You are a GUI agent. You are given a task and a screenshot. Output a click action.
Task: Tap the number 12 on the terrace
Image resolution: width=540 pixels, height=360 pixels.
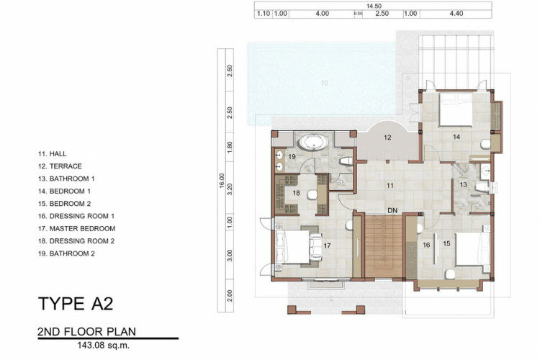tap(387, 138)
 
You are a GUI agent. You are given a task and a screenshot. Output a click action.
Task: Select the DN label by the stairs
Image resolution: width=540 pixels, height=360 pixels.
tap(392, 210)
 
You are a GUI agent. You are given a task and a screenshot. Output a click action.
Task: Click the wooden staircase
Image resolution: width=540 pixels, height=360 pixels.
tap(384, 246)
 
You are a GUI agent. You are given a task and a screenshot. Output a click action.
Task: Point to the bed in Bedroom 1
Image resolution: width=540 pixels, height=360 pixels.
tap(455, 109)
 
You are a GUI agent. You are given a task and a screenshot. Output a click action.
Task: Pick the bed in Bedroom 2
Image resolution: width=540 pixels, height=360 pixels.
tap(472, 249)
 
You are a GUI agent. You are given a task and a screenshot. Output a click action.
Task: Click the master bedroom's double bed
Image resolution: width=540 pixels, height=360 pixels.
tap(292, 247)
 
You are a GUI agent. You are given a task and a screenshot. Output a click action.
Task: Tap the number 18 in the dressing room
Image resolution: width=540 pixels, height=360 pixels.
tap(296, 193)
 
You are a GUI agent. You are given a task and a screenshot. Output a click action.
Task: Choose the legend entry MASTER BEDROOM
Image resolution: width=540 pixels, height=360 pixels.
tap(82, 228)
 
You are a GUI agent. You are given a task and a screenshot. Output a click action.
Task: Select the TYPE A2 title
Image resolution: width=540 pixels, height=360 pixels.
tap(76, 304)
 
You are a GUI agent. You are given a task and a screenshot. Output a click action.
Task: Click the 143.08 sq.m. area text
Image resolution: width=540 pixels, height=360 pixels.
tap(104, 346)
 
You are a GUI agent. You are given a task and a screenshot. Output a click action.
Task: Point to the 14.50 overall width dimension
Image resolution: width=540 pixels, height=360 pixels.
tap(374, 6)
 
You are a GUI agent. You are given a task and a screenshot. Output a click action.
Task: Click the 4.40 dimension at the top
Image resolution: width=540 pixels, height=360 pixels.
tap(456, 14)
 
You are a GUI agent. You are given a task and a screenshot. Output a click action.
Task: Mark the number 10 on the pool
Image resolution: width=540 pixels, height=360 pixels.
tap(324, 83)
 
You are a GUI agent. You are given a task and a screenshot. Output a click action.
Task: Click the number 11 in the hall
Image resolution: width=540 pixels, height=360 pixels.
tap(390, 186)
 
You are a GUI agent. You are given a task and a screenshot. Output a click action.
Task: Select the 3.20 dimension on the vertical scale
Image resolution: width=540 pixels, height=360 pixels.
tap(230, 188)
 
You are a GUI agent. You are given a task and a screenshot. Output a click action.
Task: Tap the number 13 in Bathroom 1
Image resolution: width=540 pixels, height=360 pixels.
tap(463, 184)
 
